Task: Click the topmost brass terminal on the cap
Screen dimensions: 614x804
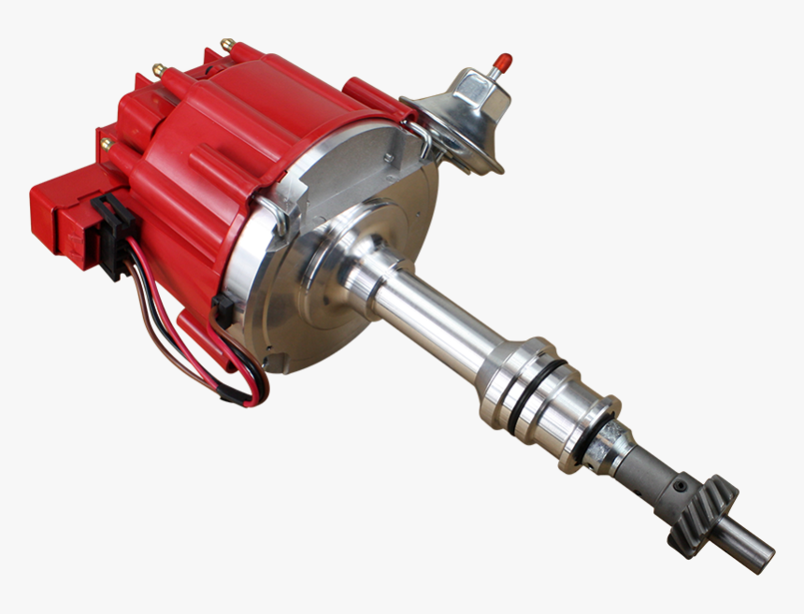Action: [x=226, y=43]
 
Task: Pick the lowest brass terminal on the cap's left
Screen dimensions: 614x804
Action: [x=106, y=144]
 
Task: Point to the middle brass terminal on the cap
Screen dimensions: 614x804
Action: [x=158, y=69]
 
